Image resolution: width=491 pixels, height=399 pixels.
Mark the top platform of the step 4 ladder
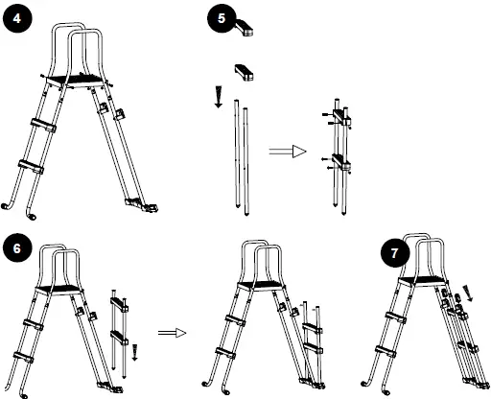pyautogui.click(x=77, y=80)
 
